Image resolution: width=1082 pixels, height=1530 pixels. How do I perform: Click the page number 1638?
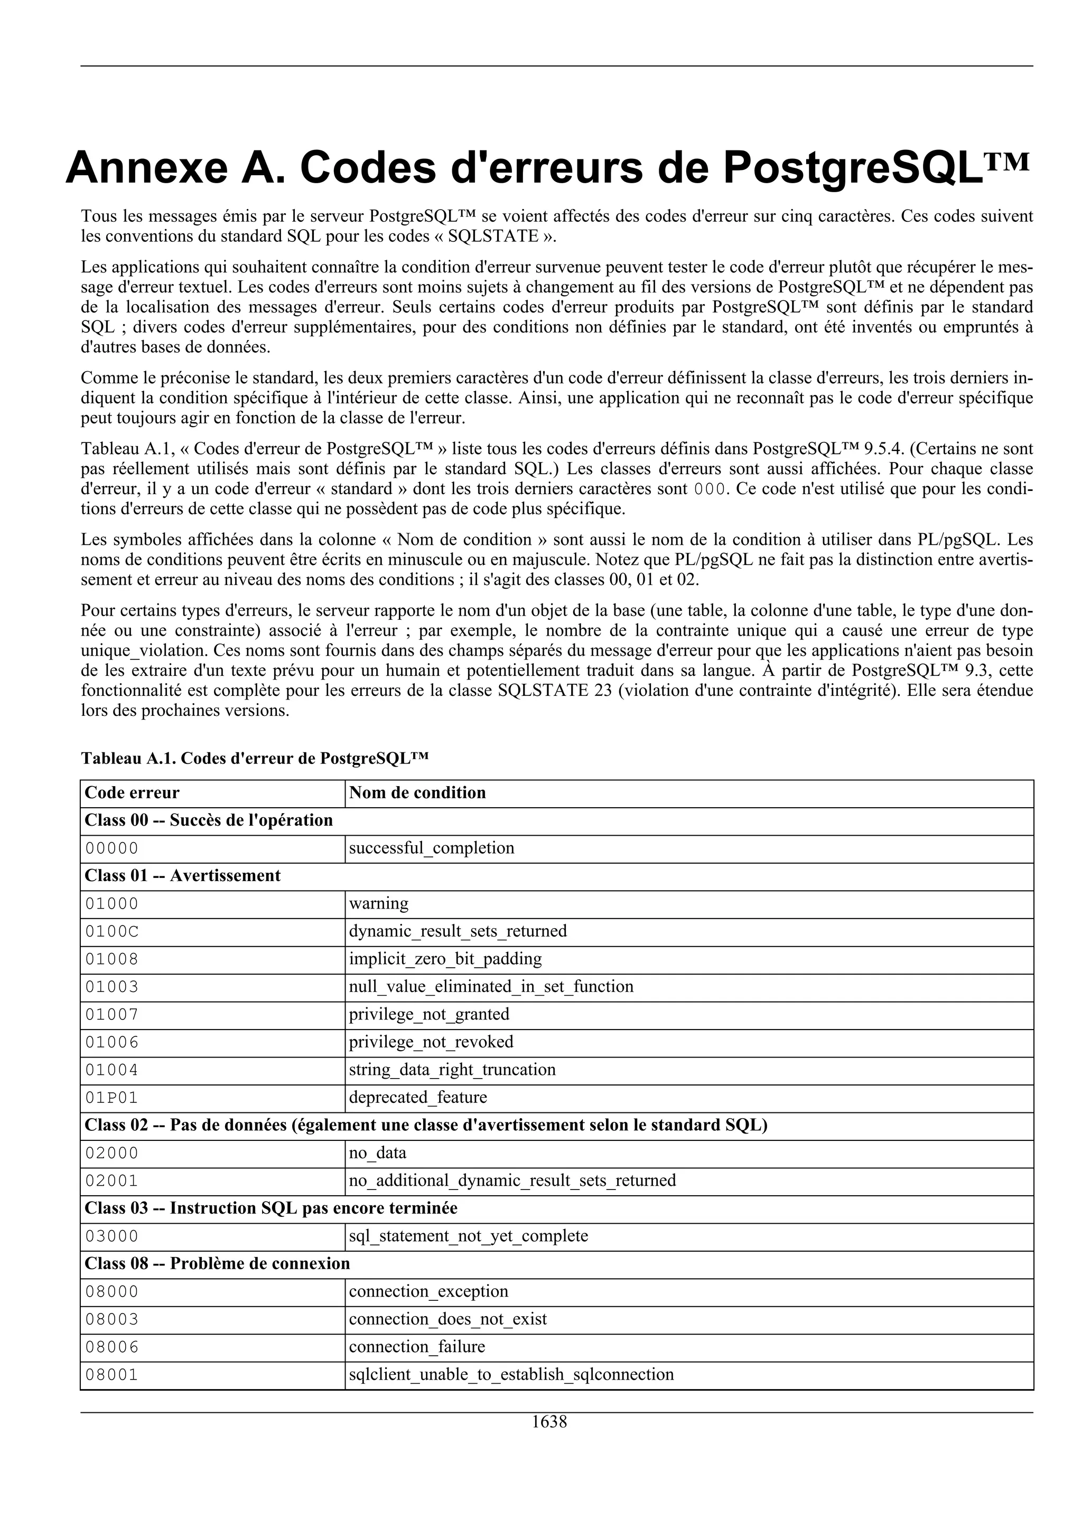(549, 1421)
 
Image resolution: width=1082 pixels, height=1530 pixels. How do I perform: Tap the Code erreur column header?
(132, 792)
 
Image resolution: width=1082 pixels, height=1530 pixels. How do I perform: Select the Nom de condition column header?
(417, 792)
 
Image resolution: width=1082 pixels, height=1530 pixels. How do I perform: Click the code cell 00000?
(111, 848)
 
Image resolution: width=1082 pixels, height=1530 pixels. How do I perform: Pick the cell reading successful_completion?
(431, 848)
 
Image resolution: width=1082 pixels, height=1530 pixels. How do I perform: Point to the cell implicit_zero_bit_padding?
(445, 959)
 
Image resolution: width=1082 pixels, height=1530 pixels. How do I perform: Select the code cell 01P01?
(111, 1098)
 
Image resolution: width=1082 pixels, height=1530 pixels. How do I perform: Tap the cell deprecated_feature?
(418, 1098)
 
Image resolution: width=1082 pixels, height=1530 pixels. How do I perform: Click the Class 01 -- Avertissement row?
(183, 876)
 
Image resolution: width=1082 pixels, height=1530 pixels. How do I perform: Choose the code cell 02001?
(111, 1181)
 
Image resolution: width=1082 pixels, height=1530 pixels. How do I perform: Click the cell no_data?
(377, 1153)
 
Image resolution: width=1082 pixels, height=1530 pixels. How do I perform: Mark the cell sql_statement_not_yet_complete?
(469, 1236)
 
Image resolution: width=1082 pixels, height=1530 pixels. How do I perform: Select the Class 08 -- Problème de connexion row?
(217, 1263)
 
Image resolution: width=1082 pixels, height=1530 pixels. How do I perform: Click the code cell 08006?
(111, 1347)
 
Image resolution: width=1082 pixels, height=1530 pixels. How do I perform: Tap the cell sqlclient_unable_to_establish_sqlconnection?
(511, 1375)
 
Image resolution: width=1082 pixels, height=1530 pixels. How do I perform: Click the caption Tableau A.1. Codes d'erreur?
(255, 758)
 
